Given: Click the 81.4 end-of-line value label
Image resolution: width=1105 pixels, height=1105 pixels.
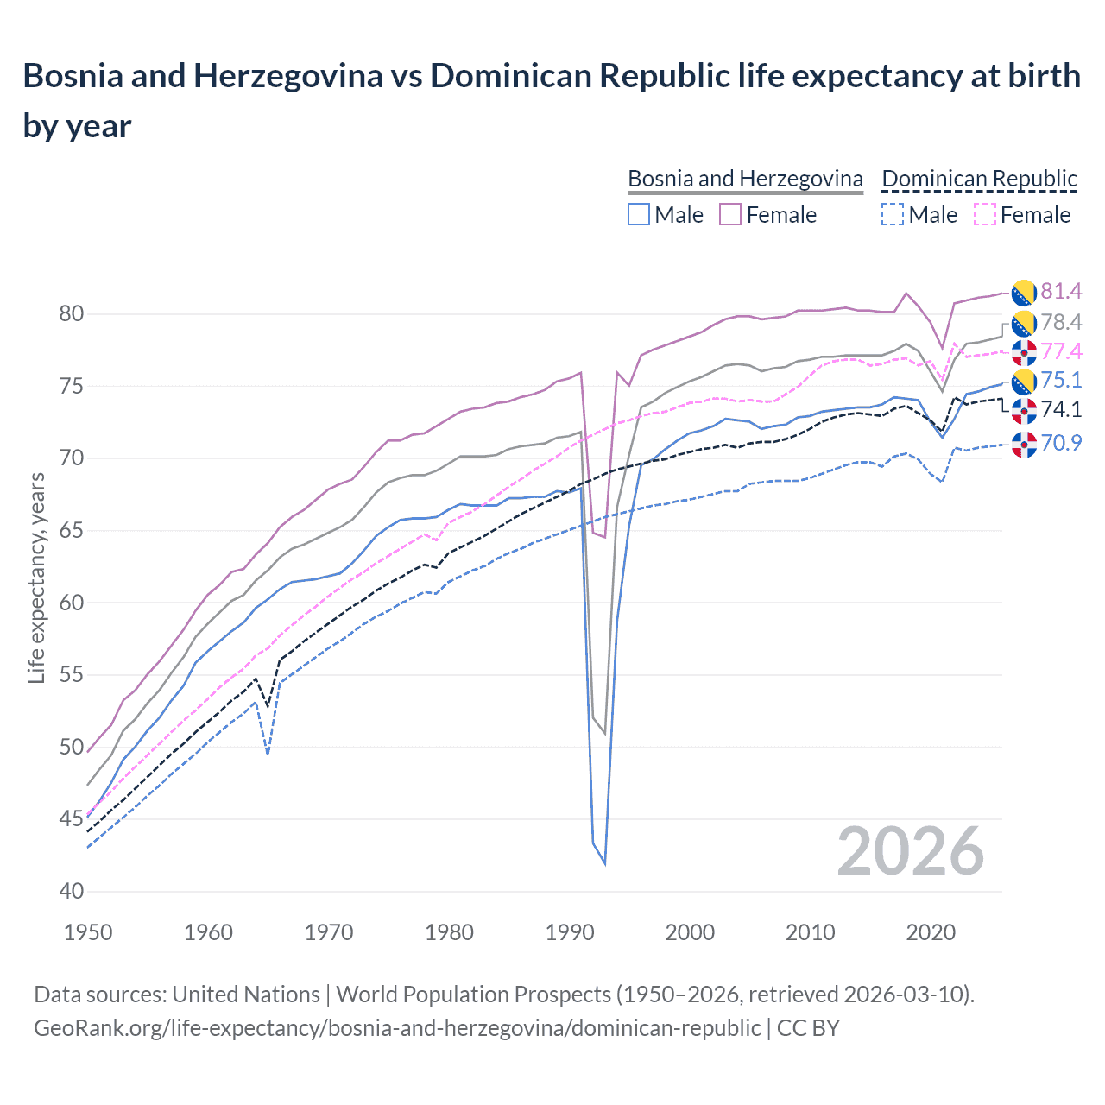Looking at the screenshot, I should (1060, 291).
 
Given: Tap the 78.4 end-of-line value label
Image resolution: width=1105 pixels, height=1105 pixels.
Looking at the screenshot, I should (1060, 322).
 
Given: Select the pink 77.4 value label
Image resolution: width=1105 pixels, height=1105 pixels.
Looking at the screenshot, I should (1060, 351).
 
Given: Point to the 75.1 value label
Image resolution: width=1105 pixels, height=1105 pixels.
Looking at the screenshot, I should (1060, 381).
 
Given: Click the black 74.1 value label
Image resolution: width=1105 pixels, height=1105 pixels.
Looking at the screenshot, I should (1060, 409).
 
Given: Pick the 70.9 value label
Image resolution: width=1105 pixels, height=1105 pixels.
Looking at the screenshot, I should (1060, 443).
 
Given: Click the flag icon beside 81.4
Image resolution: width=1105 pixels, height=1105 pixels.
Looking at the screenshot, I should (1024, 293).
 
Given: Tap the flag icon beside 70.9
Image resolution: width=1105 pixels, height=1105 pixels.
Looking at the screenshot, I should (1024, 444).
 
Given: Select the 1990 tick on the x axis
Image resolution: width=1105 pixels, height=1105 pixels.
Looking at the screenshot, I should (570, 932).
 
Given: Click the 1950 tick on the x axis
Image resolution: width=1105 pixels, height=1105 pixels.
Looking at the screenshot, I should (89, 932).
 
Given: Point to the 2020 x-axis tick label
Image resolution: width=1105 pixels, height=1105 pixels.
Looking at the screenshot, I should (931, 932).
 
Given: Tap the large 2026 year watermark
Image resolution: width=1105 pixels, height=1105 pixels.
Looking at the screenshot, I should (910, 852).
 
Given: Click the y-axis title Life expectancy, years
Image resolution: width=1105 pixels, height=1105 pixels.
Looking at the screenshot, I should (36, 578).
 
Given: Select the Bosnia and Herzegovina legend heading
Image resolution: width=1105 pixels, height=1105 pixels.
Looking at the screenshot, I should (745, 179).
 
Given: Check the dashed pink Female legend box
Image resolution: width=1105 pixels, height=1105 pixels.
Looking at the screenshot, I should (985, 214).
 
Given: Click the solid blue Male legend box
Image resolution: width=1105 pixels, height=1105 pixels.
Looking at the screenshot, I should (639, 214).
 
